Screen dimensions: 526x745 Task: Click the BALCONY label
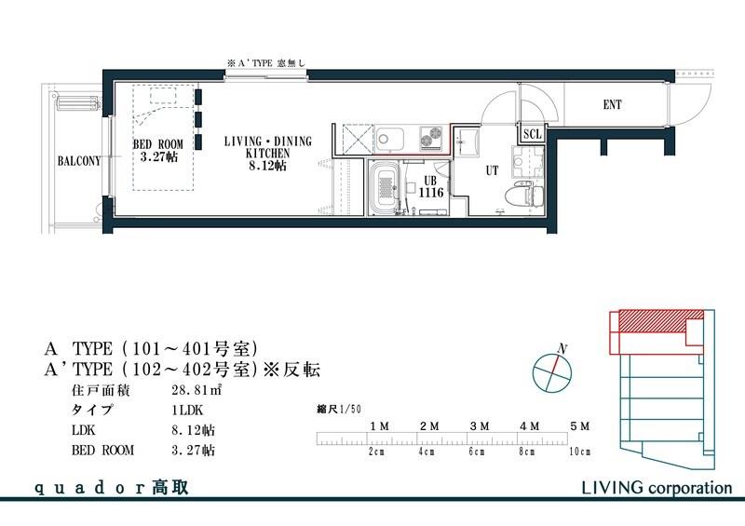78,161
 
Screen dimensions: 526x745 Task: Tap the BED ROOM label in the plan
157,150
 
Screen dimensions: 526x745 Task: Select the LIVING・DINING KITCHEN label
268,152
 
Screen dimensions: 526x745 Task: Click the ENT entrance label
612,105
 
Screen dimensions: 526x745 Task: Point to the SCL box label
532,134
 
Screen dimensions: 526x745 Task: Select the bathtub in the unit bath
386,191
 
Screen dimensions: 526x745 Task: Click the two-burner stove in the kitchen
431,138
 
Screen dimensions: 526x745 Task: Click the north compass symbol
551,371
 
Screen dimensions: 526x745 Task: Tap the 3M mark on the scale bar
480,425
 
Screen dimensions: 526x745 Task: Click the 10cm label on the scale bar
578,452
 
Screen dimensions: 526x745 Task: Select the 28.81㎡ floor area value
196,391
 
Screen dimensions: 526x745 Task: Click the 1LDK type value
189,411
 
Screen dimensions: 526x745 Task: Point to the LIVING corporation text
657,487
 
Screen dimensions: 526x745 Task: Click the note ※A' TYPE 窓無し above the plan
267,62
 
